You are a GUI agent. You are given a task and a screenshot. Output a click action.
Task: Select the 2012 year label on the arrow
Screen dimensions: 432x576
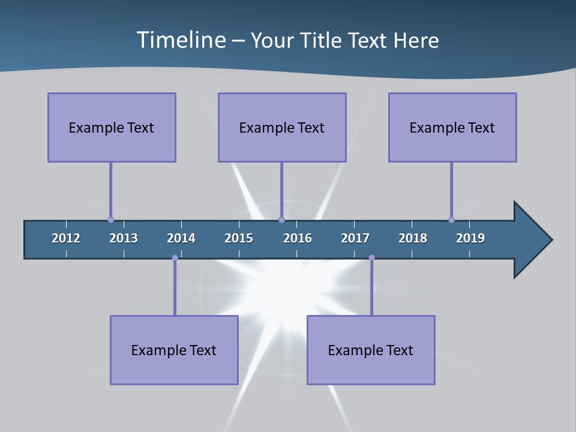pyautogui.click(x=66, y=238)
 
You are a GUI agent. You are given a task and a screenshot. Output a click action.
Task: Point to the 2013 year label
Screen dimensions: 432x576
pyautogui.click(x=124, y=238)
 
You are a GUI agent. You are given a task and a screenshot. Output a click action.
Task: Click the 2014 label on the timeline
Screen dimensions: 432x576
pyautogui.click(x=181, y=238)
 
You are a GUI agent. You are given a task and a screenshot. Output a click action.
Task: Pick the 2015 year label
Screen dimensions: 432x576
pyautogui.click(x=239, y=238)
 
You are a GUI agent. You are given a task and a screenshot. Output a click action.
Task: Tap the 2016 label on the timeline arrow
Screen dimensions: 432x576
pyautogui.click(x=298, y=238)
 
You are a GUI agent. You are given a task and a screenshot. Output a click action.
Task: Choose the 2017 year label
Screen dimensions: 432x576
pyautogui.click(x=355, y=238)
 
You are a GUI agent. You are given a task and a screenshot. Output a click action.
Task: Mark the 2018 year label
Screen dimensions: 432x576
pyautogui.click(x=413, y=238)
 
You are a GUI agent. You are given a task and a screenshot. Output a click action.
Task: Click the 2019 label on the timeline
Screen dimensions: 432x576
pyautogui.click(x=470, y=238)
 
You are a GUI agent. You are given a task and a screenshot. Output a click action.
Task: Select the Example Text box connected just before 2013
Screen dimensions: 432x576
pyautogui.click(x=112, y=127)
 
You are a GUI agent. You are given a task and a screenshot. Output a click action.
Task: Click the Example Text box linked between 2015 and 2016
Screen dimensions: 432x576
pyautogui.click(x=282, y=127)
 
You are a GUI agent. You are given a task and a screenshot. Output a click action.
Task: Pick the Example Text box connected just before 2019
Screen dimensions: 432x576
pyautogui.click(x=452, y=127)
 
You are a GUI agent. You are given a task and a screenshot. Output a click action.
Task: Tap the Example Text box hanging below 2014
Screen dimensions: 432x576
pyautogui.click(x=174, y=350)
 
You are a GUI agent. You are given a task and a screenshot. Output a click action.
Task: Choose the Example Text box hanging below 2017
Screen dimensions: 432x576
pyautogui.click(x=371, y=350)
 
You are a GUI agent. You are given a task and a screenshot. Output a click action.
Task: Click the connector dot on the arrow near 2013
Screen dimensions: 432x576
pyautogui.click(x=110, y=220)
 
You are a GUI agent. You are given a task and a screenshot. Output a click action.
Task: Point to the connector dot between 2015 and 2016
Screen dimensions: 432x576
pyautogui.click(x=281, y=220)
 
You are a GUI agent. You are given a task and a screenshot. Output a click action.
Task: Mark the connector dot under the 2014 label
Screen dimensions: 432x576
pyautogui.click(x=175, y=258)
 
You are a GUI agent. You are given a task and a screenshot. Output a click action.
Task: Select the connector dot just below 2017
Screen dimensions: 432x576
pyautogui.click(x=371, y=258)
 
